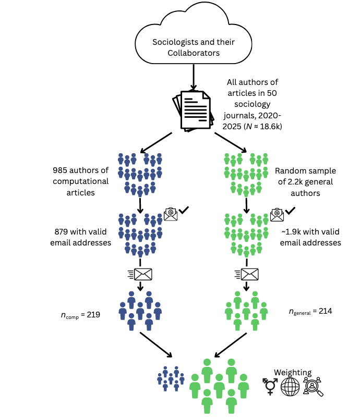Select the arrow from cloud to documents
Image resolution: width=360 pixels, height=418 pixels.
coord(194,77)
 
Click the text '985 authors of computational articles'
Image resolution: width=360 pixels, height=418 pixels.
coord(81,181)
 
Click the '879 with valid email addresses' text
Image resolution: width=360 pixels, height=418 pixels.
coord(83,237)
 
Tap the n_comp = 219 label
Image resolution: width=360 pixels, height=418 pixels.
coord(79,315)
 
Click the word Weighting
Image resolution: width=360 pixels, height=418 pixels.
coord(293,373)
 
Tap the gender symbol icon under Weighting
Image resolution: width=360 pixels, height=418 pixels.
coord(270,387)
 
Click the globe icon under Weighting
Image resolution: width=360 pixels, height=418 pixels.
coord(291,387)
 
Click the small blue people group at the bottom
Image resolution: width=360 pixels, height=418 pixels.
coord(171,378)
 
